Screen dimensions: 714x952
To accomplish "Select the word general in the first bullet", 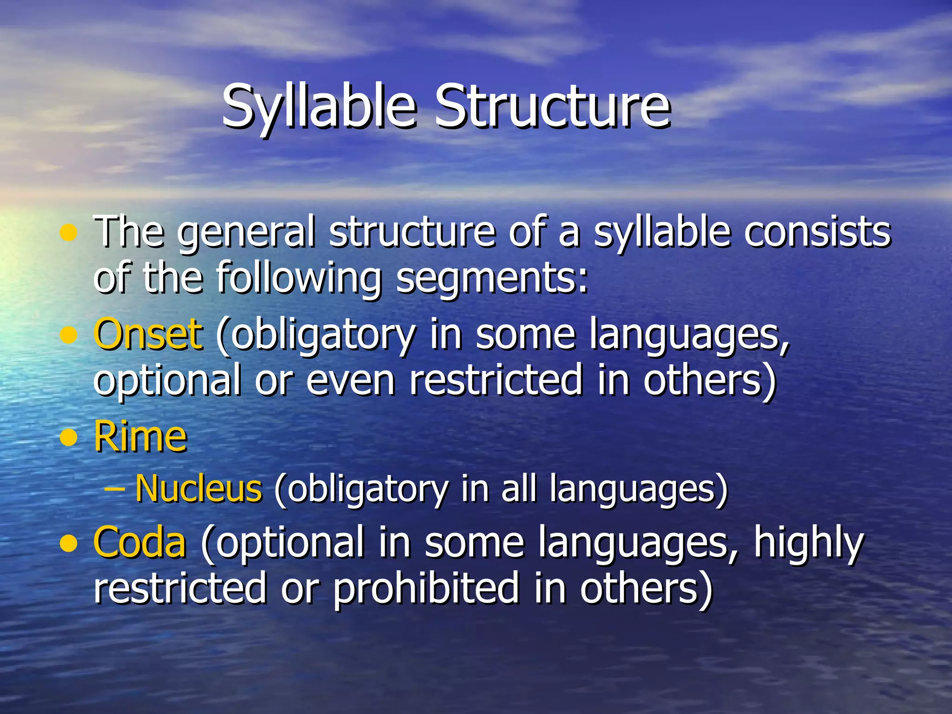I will (x=246, y=232).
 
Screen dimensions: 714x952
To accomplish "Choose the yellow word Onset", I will (x=148, y=334).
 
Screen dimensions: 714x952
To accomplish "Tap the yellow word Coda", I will (x=139, y=542).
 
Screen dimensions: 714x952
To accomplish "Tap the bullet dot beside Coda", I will (x=69, y=543).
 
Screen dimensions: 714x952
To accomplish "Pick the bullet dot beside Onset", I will (x=69, y=335).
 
